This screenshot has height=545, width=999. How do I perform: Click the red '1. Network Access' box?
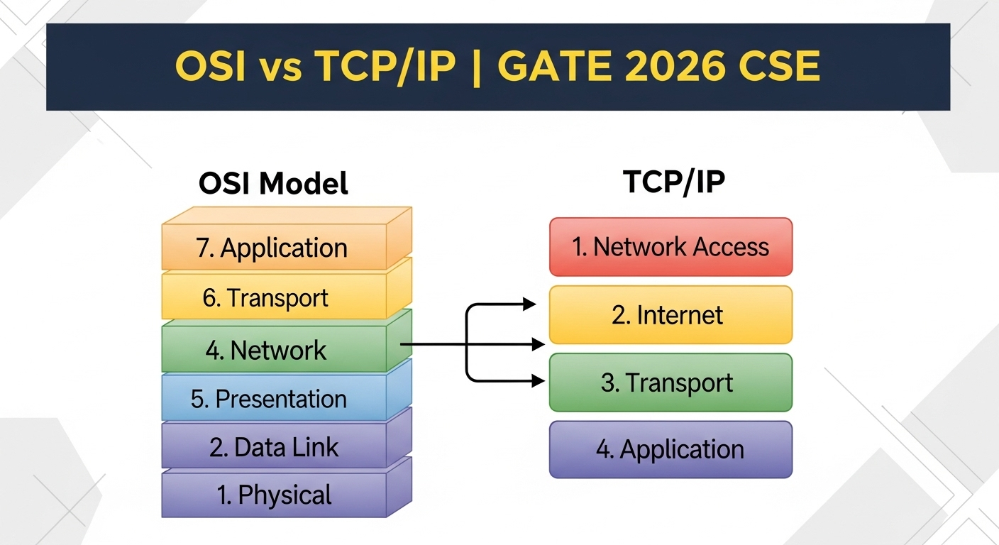(670, 247)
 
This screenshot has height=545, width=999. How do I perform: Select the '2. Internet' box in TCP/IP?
(670, 315)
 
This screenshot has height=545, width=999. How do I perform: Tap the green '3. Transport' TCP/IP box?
(670, 382)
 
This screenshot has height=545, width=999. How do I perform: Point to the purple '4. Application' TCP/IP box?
(670, 449)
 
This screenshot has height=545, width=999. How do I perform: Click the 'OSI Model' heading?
(273, 183)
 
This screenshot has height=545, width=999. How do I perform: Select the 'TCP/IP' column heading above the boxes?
(674, 182)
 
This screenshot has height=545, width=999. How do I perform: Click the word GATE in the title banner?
(554, 66)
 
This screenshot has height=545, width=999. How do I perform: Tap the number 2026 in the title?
(675, 66)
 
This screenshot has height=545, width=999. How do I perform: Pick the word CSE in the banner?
(779, 66)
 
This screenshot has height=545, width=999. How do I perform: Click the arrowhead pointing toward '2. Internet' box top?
(529, 304)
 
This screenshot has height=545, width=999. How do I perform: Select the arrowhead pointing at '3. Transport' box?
(539, 381)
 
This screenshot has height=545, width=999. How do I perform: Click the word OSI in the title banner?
(210, 66)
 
